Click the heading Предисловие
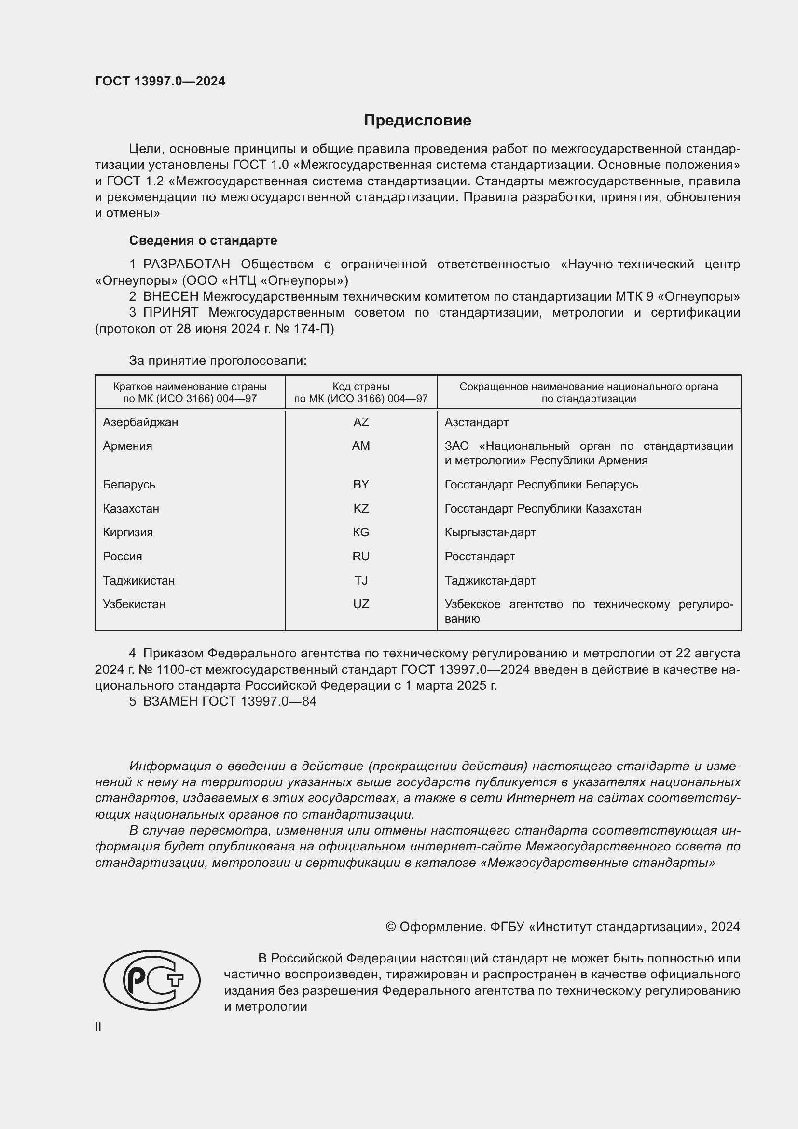[x=417, y=120]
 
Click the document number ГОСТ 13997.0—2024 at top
[x=160, y=81]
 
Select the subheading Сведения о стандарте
[x=203, y=240]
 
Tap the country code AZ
[x=361, y=422]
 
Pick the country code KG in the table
[x=361, y=532]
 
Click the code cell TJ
[x=361, y=580]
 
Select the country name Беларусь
[x=129, y=484]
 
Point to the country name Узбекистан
[x=134, y=604]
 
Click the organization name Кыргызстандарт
[x=490, y=532]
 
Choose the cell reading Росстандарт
[x=480, y=556]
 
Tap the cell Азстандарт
[x=476, y=422]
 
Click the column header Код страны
[x=361, y=387]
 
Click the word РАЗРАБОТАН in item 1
[x=186, y=264]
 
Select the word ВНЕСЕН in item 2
[x=170, y=296]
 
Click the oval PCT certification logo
[x=152, y=980]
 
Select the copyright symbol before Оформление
[x=391, y=927]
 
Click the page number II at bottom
[x=98, y=1027]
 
